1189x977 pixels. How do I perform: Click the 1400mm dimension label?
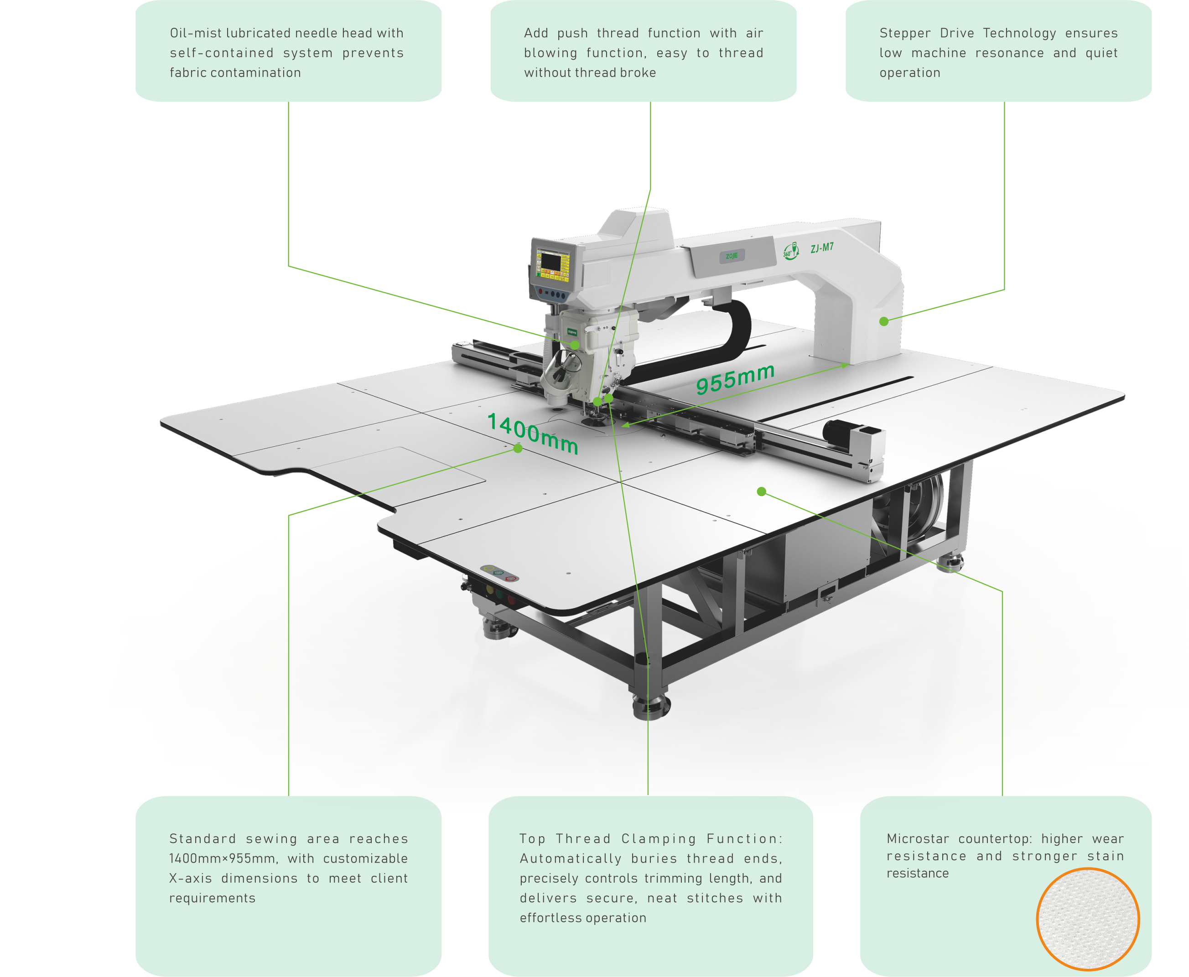coord(533,432)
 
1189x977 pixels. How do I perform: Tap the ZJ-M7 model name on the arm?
coord(822,248)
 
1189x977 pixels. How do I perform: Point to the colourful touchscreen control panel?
coord(553,266)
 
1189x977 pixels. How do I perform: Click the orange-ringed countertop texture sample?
coord(1088,919)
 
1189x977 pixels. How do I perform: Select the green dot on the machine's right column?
coord(884,321)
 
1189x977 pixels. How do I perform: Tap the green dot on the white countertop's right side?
coord(762,492)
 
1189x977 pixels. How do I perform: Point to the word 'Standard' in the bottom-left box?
coord(202,838)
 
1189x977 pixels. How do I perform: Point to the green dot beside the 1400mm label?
coord(518,449)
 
